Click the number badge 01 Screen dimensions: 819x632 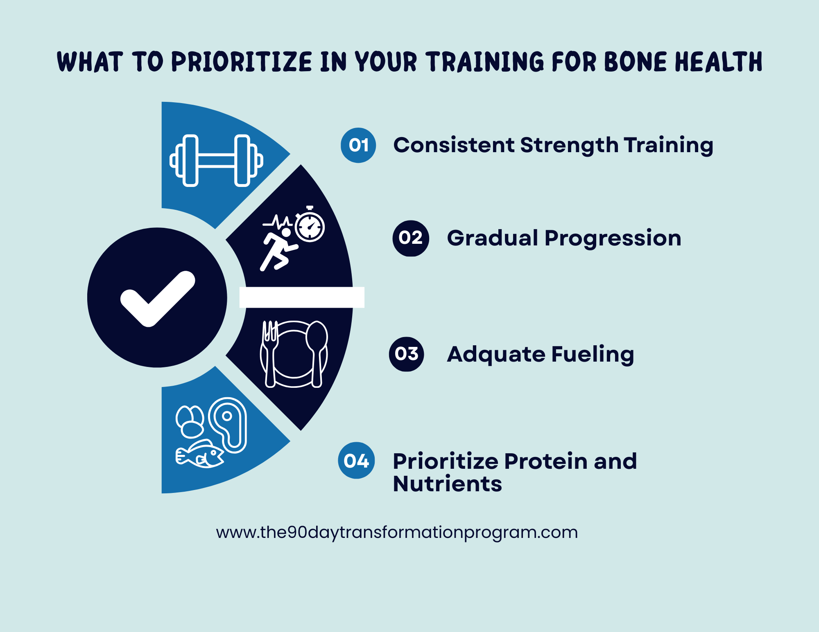pyautogui.click(x=358, y=145)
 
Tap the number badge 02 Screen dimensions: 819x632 pyautogui.click(x=411, y=238)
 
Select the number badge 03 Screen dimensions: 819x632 pyautogui.click(x=407, y=354)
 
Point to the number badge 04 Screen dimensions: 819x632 pyautogui.click(x=356, y=461)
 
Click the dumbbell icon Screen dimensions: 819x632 pyautogui.click(x=216, y=160)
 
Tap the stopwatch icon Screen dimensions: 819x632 pyautogui.click(x=310, y=224)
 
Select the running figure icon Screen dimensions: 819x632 pyautogui.click(x=278, y=250)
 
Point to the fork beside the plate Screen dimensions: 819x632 pyautogui.click(x=270, y=353)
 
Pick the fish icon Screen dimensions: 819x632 pyautogui.click(x=200, y=454)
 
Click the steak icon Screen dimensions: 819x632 pyautogui.click(x=228, y=425)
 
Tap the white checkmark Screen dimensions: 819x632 pyautogui.click(x=158, y=299)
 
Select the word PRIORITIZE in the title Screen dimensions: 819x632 pyautogui.click(x=242, y=62)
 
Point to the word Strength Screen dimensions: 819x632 pyautogui.click(x=569, y=145)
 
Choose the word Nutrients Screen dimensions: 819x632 pyautogui.click(x=448, y=484)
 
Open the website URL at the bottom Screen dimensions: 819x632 pyautogui.click(x=397, y=533)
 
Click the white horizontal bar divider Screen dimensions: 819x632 pyautogui.click(x=302, y=297)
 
